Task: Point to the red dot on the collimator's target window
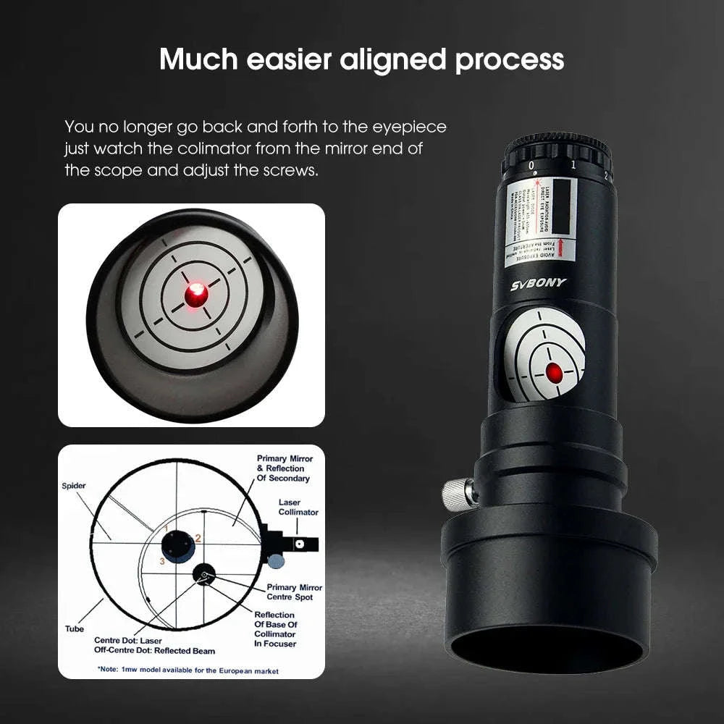click(554, 373)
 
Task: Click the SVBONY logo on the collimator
click(538, 283)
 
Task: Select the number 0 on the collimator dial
click(532, 166)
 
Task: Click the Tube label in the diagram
click(75, 628)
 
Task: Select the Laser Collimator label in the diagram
click(298, 507)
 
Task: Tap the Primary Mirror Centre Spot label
click(294, 592)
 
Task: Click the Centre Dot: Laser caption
click(127, 640)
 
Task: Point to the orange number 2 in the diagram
click(198, 538)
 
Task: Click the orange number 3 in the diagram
click(163, 561)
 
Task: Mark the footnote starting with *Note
click(188, 671)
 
